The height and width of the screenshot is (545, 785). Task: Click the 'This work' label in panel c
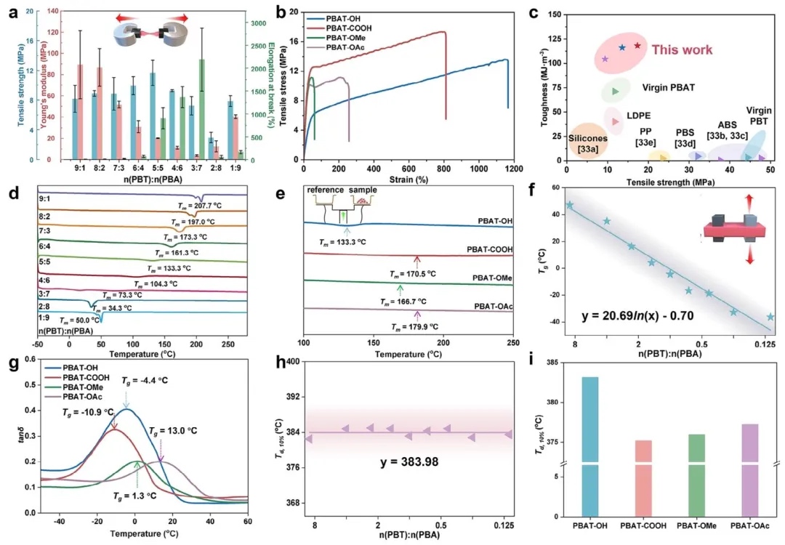tap(681, 49)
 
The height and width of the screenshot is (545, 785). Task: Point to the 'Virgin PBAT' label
tap(668, 87)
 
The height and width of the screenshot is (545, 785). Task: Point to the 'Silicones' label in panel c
tap(591, 138)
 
